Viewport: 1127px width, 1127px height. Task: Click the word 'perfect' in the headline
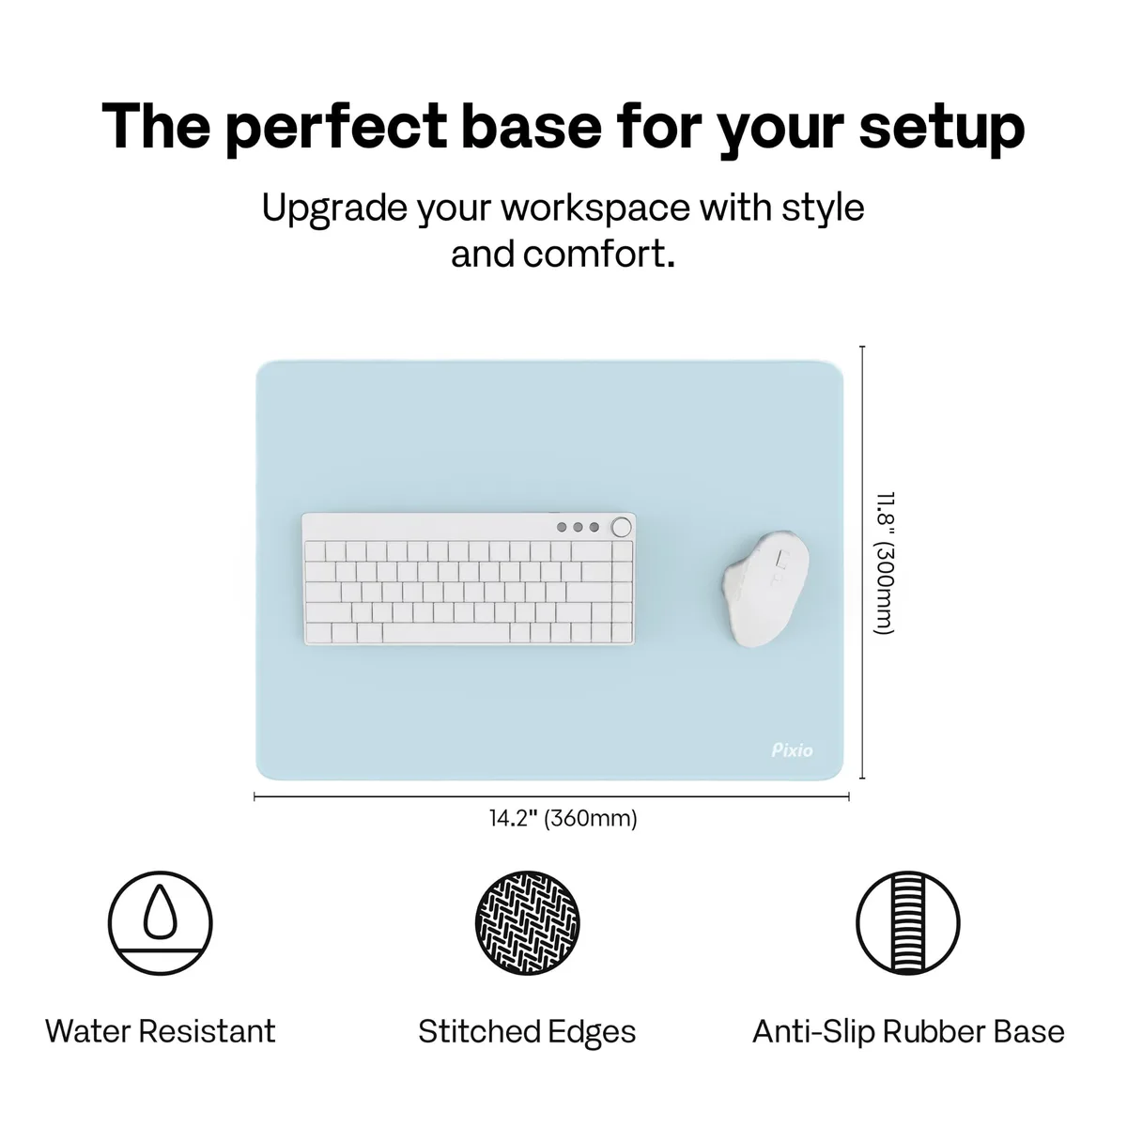click(x=335, y=128)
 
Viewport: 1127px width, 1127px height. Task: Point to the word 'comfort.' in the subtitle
click(x=599, y=255)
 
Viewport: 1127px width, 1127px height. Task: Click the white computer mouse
click(x=766, y=588)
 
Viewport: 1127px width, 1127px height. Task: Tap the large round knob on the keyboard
click(x=621, y=527)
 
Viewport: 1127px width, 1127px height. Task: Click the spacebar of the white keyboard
click(x=446, y=633)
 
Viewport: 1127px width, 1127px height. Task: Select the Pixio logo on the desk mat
click(x=792, y=750)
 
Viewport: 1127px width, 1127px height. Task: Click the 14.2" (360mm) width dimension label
click(x=563, y=818)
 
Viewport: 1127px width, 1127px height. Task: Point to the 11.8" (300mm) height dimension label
click(x=885, y=563)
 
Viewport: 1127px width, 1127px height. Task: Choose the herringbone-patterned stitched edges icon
click(x=528, y=923)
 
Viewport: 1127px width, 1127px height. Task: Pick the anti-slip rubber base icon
click(x=908, y=923)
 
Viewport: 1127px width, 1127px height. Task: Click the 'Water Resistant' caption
click(x=161, y=1031)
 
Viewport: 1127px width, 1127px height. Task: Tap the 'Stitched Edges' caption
click(x=527, y=1032)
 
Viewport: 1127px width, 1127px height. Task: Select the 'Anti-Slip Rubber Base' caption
click(x=908, y=1031)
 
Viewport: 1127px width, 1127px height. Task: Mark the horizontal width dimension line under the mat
click(x=551, y=796)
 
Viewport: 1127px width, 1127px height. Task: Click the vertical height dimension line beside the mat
click(x=863, y=563)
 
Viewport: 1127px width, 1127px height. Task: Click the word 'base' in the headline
click(x=532, y=128)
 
